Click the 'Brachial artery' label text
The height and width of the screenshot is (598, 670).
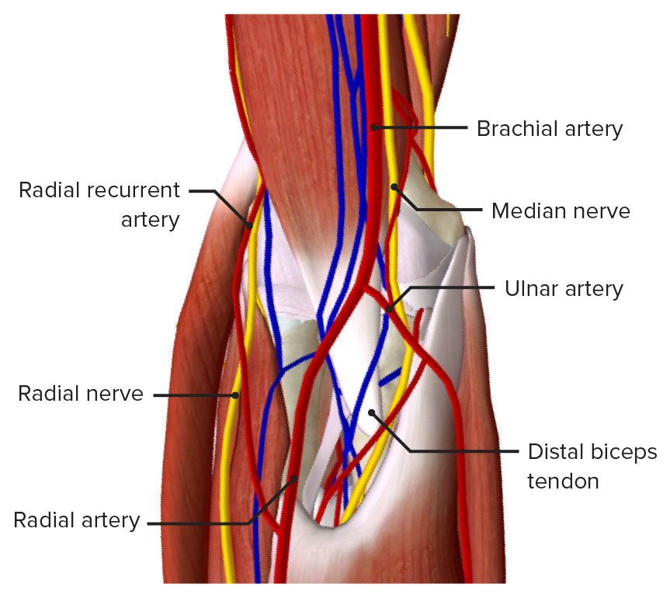(x=550, y=129)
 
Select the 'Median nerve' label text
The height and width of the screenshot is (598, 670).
(x=561, y=211)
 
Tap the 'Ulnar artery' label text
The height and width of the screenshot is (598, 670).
(x=564, y=290)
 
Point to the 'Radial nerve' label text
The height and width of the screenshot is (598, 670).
(x=81, y=394)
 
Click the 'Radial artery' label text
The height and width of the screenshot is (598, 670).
(x=77, y=520)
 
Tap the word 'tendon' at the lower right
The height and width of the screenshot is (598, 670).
(x=563, y=482)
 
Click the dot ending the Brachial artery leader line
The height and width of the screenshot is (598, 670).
(x=373, y=127)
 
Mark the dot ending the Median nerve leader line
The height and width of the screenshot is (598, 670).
(x=394, y=187)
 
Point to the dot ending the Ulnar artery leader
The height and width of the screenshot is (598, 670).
(x=389, y=309)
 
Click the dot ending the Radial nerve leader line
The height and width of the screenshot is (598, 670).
(x=235, y=395)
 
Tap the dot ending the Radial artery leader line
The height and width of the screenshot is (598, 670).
(x=293, y=478)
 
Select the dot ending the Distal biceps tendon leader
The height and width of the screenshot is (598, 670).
(x=372, y=412)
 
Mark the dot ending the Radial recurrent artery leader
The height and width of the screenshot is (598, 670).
(x=249, y=225)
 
